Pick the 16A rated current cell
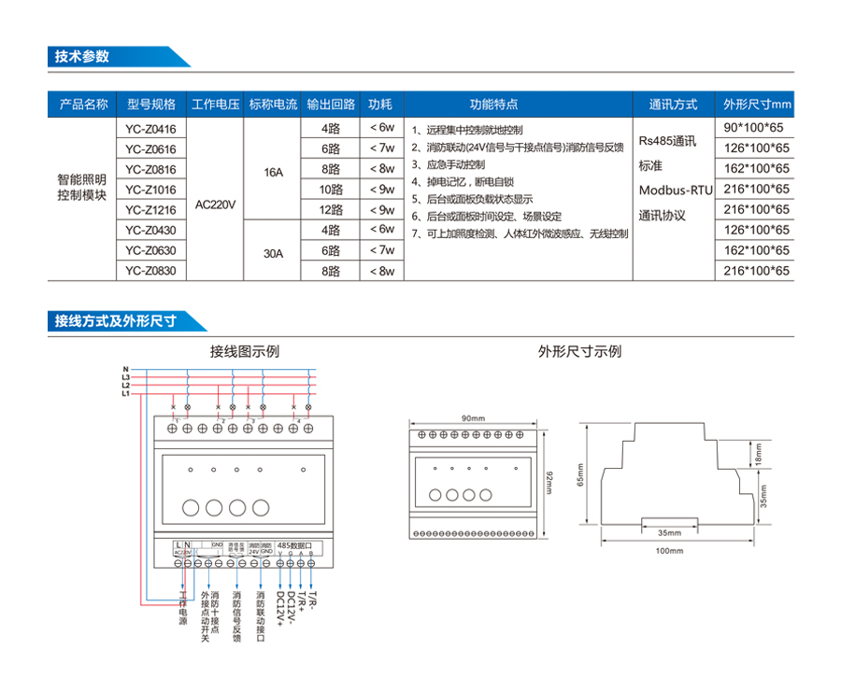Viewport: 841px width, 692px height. pyautogui.click(x=273, y=169)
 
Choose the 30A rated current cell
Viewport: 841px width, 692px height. pyautogui.click(x=273, y=251)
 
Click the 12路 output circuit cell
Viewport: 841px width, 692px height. pyautogui.click(x=331, y=210)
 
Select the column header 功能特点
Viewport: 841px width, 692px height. pyautogui.click(x=493, y=104)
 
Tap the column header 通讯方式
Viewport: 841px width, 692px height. pyautogui.click(x=673, y=104)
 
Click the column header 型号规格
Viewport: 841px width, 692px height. pyautogui.click(x=151, y=104)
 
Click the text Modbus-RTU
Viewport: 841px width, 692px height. pyautogui.click(x=675, y=191)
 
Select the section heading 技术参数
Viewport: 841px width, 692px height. pyautogui.click(x=82, y=56)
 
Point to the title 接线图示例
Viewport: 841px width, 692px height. pyautogui.click(x=244, y=352)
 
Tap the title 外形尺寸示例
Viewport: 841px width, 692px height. pyautogui.click(x=579, y=352)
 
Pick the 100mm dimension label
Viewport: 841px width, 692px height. pyautogui.click(x=670, y=551)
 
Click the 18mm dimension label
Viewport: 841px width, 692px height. pyautogui.click(x=758, y=455)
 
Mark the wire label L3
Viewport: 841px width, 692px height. pyautogui.click(x=125, y=377)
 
